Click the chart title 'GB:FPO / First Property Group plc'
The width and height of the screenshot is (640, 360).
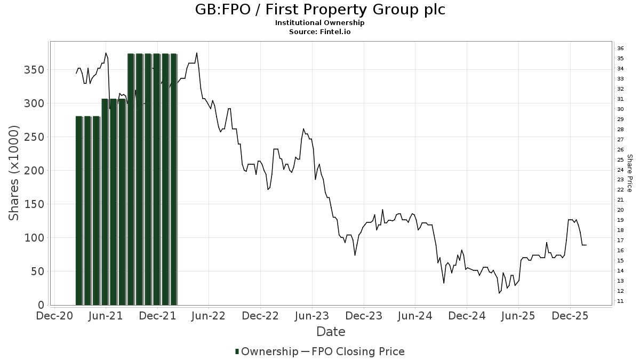click(319, 10)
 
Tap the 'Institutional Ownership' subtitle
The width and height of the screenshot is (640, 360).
click(319, 23)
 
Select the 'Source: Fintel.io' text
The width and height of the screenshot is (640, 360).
click(319, 32)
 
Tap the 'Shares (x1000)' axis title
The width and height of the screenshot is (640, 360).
click(14, 173)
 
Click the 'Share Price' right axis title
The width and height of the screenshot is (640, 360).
click(629, 173)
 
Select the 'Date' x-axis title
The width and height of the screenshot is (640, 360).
click(331, 332)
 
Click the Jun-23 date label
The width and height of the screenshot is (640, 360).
click(312, 316)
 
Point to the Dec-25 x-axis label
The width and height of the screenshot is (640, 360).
click(570, 316)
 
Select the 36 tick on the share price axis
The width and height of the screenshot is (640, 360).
click(620, 49)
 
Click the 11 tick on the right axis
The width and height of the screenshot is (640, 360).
click(620, 301)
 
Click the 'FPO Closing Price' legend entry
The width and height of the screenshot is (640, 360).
click(357, 351)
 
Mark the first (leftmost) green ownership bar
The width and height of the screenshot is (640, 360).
click(79, 211)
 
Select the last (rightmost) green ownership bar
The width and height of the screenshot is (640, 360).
click(173, 179)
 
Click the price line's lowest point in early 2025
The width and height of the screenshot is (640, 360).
click(499, 293)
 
